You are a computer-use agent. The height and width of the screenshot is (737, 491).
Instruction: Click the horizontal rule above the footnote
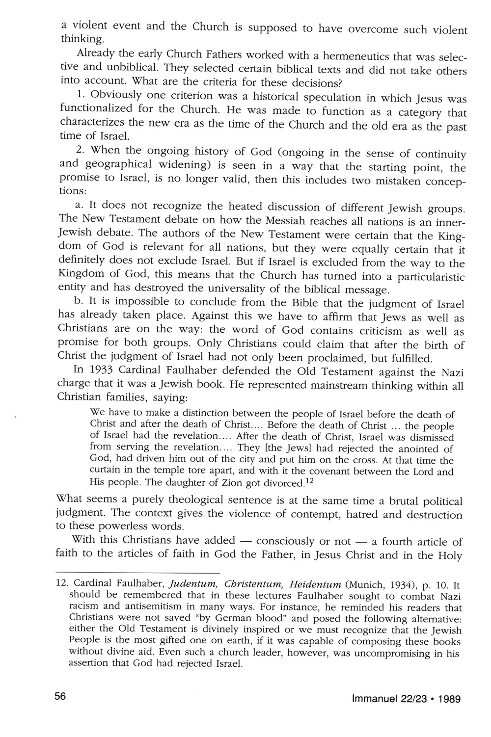pos(137,573)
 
